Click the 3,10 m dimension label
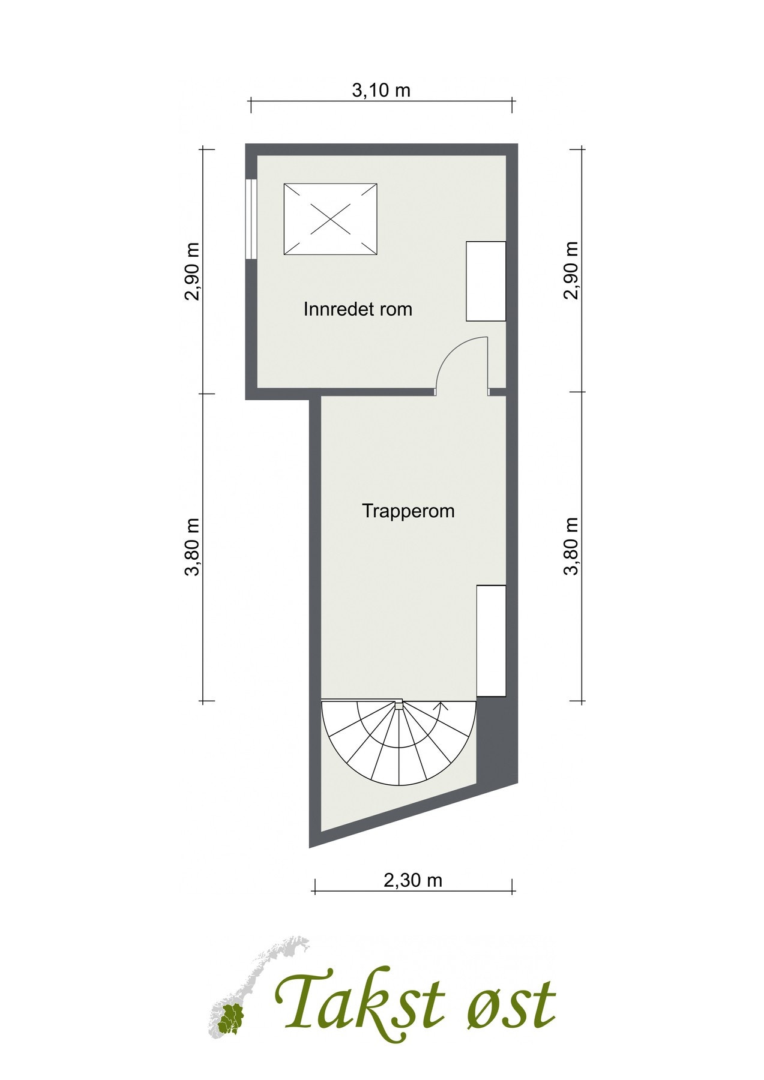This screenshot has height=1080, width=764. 381,91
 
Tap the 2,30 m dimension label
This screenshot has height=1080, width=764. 413,880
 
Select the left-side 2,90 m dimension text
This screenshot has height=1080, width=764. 192,271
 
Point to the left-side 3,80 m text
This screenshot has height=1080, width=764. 192,547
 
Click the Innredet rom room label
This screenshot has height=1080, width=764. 358,310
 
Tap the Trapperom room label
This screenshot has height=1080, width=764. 408,511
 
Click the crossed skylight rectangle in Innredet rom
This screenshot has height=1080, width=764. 330,220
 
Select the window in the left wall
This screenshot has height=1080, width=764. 251,219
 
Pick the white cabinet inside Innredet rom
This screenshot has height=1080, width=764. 486,281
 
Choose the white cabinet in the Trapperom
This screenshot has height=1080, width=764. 491,641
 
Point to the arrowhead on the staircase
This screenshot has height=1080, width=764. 442,706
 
